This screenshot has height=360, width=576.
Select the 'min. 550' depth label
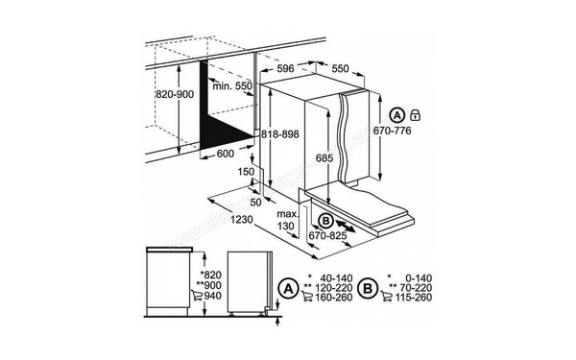pyautogui.click(x=232, y=85)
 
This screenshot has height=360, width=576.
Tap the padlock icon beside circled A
pyautogui.click(x=415, y=114)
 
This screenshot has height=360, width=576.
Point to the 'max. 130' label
pyautogui.click(x=286, y=219)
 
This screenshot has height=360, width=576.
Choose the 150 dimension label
pyautogui.click(x=247, y=171)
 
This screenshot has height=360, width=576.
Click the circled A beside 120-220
pyautogui.click(x=287, y=287)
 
